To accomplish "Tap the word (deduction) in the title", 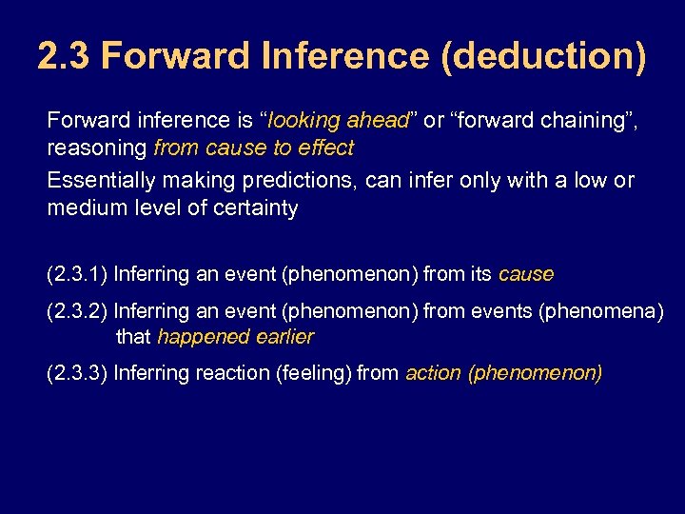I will (x=543, y=56).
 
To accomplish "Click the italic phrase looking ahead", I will (x=338, y=121).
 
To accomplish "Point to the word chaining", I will (x=580, y=121).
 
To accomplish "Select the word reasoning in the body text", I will (x=97, y=148).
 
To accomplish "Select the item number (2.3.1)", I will (x=77, y=275).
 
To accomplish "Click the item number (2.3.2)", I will (x=77, y=311).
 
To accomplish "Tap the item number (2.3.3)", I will (x=77, y=373).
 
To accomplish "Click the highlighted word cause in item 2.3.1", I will (x=525, y=275).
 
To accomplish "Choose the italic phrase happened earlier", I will (x=235, y=337).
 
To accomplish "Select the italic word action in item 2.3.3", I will (x=433, y=373).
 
